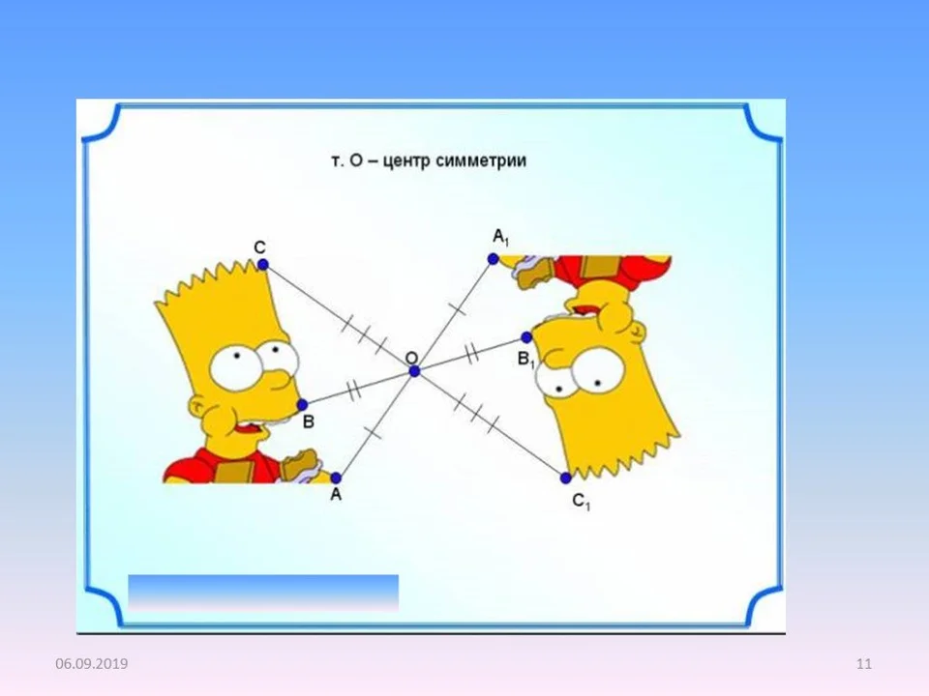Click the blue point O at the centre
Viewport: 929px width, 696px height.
click(415, 371)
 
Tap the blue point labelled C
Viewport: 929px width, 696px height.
click(263, 265)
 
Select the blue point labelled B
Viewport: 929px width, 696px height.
click(302, 405)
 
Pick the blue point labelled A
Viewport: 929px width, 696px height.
click(336, 478)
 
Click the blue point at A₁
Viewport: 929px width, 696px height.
click(493, 259)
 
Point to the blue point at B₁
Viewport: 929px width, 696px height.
click(526, 337)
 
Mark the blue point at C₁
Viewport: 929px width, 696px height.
click(566, 478)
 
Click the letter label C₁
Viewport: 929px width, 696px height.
click(582, 502)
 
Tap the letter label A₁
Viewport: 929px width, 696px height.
click(500, 238)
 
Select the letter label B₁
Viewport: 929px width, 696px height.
click(526, 360)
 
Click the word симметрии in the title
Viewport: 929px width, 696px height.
click(481, 161)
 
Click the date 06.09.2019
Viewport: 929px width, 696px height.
click(91, 663)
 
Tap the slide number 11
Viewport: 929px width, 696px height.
click(864, 663)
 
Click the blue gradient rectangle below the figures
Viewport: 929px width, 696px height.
click(263, 593)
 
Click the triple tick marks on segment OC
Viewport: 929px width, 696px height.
click(364, 333)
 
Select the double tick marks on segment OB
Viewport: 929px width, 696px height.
click(353, 390)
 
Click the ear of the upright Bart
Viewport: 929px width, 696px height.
click(197, 407)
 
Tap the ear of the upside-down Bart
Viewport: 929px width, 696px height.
click(637, 331)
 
